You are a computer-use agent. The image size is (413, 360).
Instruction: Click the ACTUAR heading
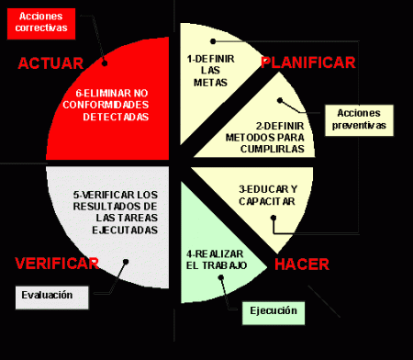(x=50, y=63)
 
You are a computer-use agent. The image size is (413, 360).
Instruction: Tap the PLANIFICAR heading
(x=307, y=62)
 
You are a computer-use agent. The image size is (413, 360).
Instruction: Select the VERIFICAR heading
(x=57, y=264)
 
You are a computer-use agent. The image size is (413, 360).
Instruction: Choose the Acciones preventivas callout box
(x=360, y=118)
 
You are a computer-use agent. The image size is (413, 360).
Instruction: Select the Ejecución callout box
(x=273, y=311)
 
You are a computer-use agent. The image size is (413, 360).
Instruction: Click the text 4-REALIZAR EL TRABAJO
(x=217, y=258)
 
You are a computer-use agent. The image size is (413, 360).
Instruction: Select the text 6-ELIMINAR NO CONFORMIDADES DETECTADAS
(x=109, y=105)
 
